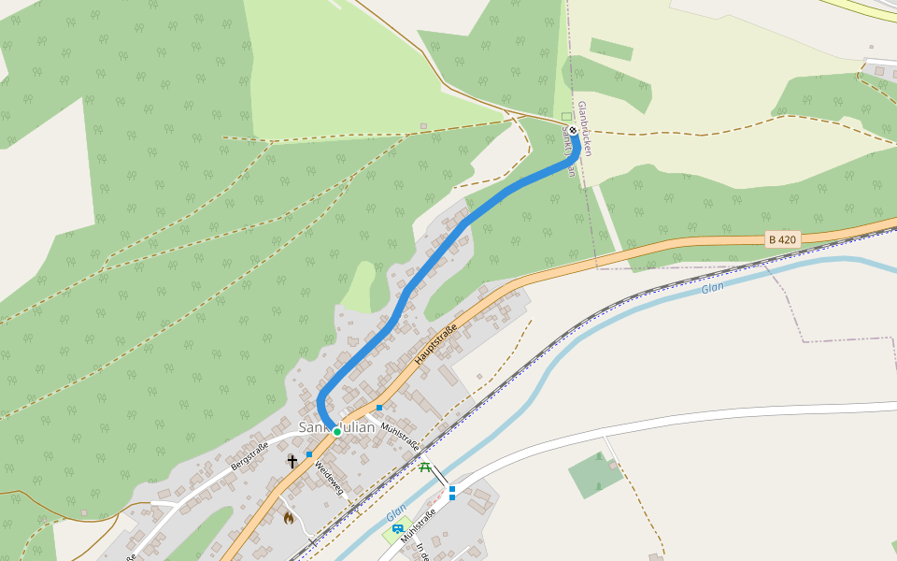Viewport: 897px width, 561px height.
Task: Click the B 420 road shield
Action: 782,240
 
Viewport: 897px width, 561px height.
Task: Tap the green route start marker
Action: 336,432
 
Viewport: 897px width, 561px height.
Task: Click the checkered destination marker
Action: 573,131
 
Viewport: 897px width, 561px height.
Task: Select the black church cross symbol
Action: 292,461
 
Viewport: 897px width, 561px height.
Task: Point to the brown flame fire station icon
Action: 289,517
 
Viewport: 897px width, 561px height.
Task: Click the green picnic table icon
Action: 425,467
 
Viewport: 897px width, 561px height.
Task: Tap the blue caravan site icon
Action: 397,529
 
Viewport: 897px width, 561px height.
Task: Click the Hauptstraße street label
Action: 434,343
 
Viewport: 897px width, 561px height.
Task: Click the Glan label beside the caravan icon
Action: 396,513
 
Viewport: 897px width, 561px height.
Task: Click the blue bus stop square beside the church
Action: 309,454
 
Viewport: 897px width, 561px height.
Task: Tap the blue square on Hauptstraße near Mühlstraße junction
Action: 379,408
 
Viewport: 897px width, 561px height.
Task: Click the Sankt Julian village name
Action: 336,427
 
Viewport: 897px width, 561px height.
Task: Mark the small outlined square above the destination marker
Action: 566,117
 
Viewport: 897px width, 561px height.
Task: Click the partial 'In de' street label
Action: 421,552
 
